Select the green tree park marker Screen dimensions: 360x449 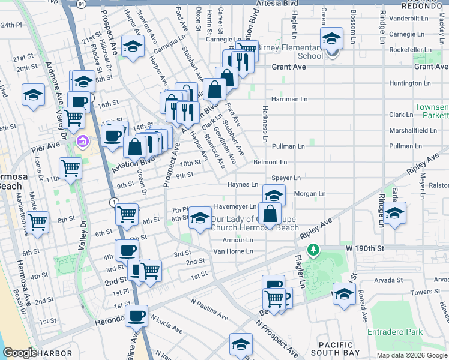[312, 248]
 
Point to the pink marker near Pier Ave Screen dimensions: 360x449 [82, 142]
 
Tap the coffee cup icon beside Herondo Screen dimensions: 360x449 [136, 316]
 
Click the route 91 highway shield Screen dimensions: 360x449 [81, 4]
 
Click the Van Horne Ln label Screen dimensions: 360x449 [234, 251]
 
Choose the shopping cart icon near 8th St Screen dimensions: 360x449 [38, 222]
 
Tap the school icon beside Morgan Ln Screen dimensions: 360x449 [274, 195]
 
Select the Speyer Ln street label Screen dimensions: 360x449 [286, 178]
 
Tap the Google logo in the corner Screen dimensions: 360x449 [20, 353]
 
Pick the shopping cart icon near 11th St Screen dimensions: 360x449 [70, 168]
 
